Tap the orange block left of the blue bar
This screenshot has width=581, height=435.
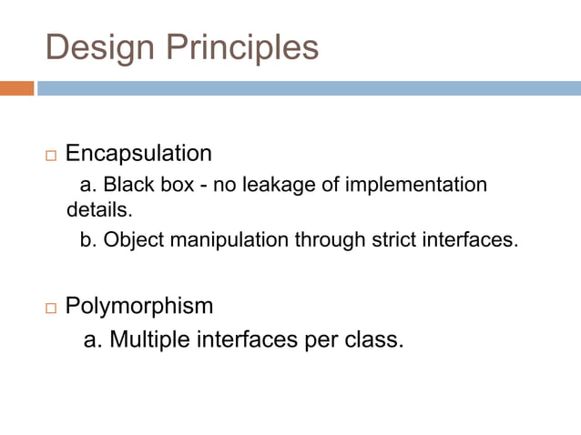(16, 88)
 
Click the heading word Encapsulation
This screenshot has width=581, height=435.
(138, 153)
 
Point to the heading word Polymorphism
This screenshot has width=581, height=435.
(139, 306)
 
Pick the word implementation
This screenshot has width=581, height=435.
(413, 185)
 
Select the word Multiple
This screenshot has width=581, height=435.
(148, 340)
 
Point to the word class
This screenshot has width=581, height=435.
(376, 340)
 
